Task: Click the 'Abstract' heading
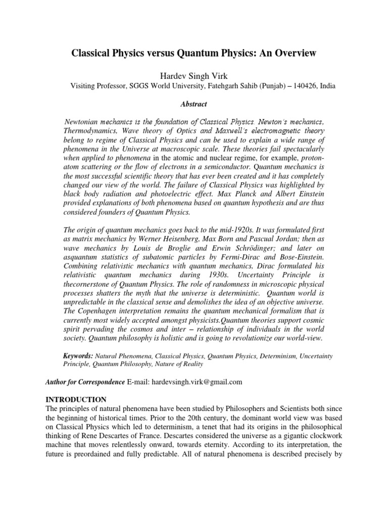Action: pyautogui.click(x=194, y=104)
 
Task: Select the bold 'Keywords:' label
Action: pyautogui.click(x=78, y=356)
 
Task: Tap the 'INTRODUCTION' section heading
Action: pyautogui.click(x=76, y=399)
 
